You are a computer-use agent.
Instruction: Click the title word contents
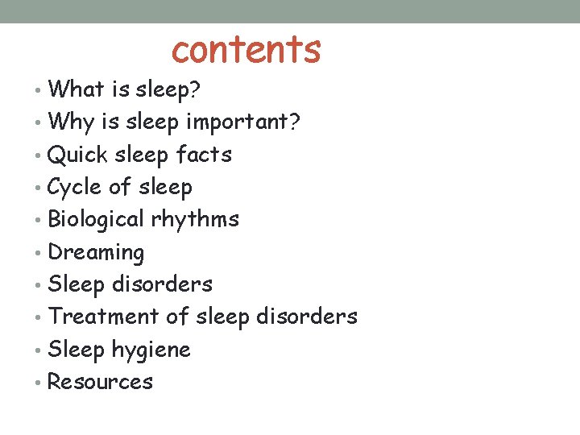coord(246,49)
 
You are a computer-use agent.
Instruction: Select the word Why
coord(72,122)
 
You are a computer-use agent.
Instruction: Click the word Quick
coord(78,154)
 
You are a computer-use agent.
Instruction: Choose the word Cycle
coord(75,187)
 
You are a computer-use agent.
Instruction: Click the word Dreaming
coord(96,253)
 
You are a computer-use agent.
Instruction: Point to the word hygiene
coord(151,350)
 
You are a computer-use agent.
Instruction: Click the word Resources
coord(100,382)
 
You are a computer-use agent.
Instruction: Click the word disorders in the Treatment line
coord(306,317)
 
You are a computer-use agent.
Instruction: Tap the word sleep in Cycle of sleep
coord(165,188)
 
